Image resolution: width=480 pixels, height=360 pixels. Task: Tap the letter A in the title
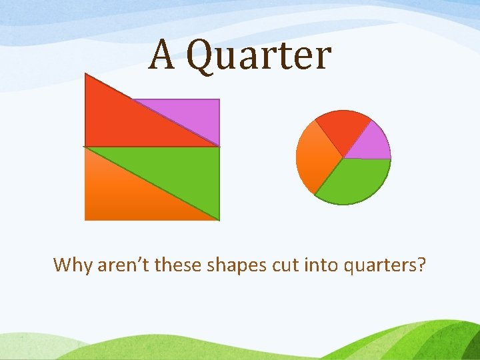click(161, 54)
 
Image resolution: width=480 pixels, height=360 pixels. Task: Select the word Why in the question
click(73, 265)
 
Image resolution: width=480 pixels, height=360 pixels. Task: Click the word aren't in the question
click(123, 265)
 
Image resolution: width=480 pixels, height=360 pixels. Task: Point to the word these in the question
click(179, 265)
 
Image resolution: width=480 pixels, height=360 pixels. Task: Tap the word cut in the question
click(285, 265)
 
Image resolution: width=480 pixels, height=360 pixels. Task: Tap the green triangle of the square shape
click(180, 170)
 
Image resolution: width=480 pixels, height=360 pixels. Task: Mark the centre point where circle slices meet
click(343, 159)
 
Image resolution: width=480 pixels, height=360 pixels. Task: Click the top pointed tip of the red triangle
click(86, 75)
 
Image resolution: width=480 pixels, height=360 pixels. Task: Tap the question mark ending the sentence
click(421, 265)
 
